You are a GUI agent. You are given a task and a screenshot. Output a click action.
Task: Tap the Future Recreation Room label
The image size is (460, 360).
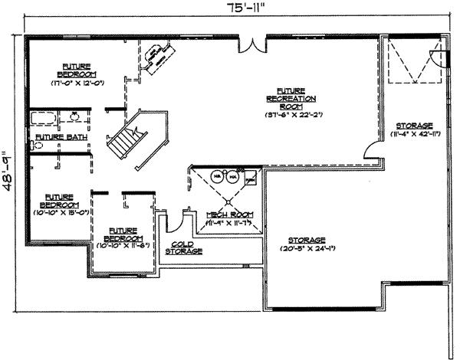[291, 99]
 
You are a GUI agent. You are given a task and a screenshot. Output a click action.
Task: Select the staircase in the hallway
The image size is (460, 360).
[123, 141]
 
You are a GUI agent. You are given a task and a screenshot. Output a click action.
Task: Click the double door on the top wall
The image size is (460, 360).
[251, 44]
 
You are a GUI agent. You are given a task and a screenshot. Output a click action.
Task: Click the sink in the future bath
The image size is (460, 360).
[75, 118]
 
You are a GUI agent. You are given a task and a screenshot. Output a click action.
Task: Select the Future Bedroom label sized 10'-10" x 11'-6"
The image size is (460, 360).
[123, 234]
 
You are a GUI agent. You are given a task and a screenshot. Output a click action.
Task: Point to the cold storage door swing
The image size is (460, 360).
[176, 222]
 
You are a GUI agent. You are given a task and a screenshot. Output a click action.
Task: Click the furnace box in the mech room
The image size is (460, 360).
[250, 179]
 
